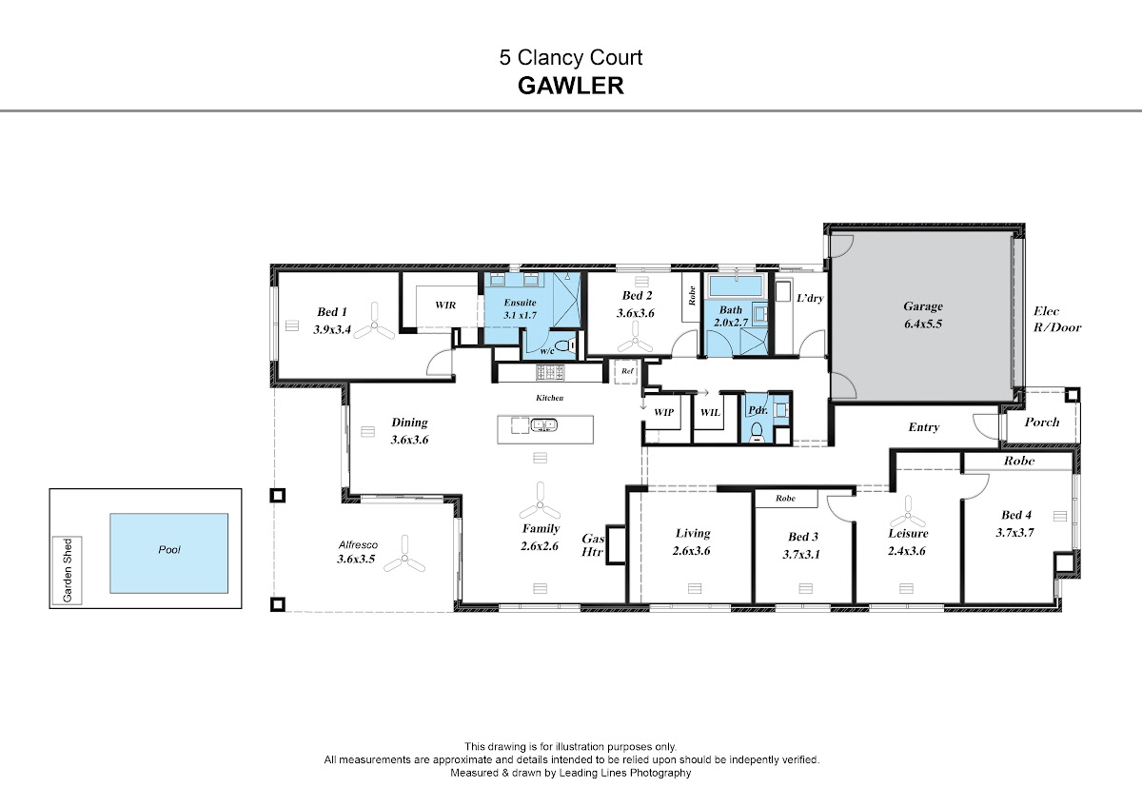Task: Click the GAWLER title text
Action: click(570, 86)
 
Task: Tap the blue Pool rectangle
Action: click(168, 553)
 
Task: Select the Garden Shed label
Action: click(68, 570)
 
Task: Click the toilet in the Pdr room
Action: click(758, 432)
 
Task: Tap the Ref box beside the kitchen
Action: click(626, 371)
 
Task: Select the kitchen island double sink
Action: click(544, 424)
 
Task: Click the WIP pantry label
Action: click(664, 412)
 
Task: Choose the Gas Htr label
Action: click(593, 545)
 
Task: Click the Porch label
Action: click(1042, 423)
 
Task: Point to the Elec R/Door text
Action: click(1057, 319)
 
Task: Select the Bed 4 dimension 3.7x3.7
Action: click(1015, 533)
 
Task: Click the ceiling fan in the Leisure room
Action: click(908, 513)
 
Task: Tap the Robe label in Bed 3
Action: click(786, 498)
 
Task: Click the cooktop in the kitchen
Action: click(550, 372)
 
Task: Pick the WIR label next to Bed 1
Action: click(445, 305)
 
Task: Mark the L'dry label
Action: click(810, 298)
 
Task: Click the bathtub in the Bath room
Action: click(736, 285)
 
